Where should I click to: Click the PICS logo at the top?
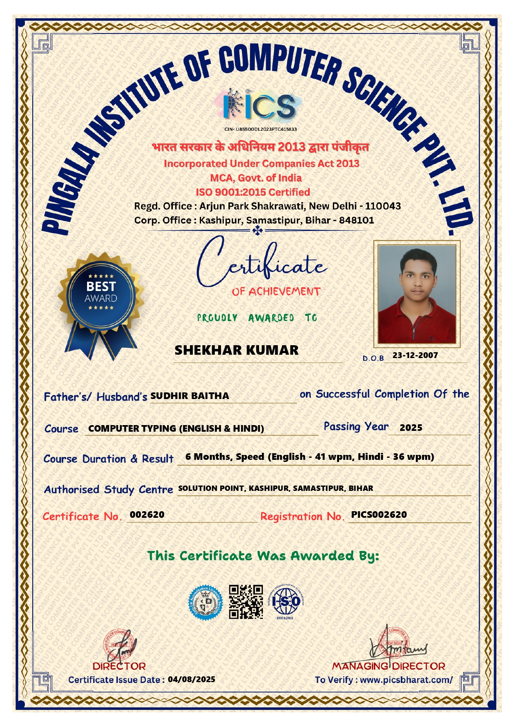click(x=259, y=106)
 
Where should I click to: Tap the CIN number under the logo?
click(x=260, y=129)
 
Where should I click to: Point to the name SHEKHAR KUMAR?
click(x=236, y=350)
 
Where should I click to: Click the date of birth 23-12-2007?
click(x=415, y=355)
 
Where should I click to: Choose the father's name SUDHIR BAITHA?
click(x=189, y=396)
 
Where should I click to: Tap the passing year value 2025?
click(x=411, y=428)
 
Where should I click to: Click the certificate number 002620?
click(x=147, y=514)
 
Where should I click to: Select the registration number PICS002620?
click(x=379, y=514)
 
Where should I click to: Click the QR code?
click(x=246, y=601)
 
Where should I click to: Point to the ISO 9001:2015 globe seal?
click(x=286, y=601)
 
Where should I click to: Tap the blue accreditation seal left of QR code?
click(x=206, y=602)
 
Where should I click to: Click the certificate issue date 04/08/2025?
click(x=192, y=679)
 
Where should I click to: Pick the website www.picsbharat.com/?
click(x=406, y=680)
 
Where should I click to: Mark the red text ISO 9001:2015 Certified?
click(x=253, y=192)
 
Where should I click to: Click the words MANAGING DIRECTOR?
click(x=388, y=666)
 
